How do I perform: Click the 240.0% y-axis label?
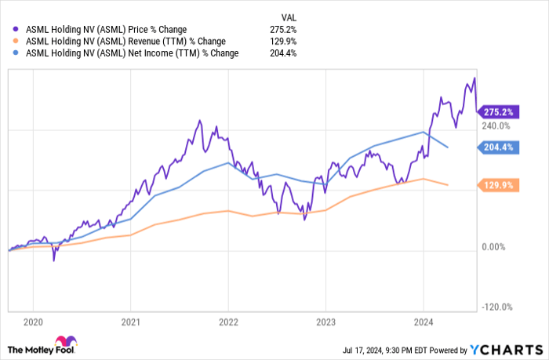click(x=496, y=125)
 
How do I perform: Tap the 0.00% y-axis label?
click(x=498, y=247)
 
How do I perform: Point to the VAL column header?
click(x=288, y=16)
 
